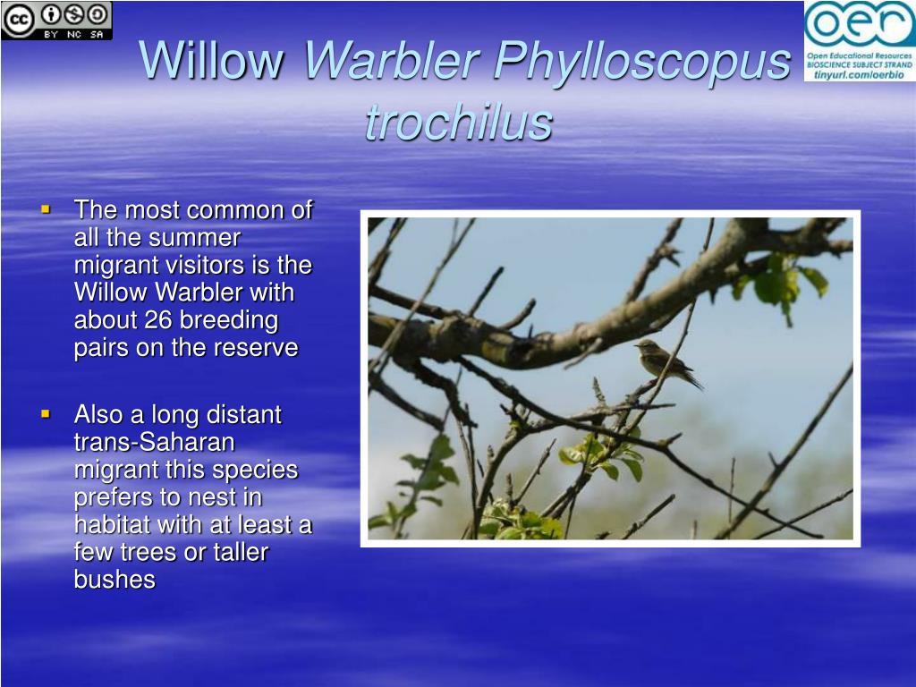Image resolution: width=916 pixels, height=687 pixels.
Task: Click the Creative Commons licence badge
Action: (56, 21)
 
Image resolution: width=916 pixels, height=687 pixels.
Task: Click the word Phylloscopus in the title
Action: (642, 62)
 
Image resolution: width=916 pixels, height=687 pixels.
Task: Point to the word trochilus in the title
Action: (459, 122)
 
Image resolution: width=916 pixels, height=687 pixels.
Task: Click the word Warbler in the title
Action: (392, 60)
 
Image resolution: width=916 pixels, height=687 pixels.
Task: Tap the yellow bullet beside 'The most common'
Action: (47, 208)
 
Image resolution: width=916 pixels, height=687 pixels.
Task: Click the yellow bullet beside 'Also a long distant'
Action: (47, 414)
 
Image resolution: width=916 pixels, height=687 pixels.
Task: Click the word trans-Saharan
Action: (154, 442)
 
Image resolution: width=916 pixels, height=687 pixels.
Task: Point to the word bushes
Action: (114, 580)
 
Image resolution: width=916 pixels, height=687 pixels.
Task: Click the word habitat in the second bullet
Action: (112, 524)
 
